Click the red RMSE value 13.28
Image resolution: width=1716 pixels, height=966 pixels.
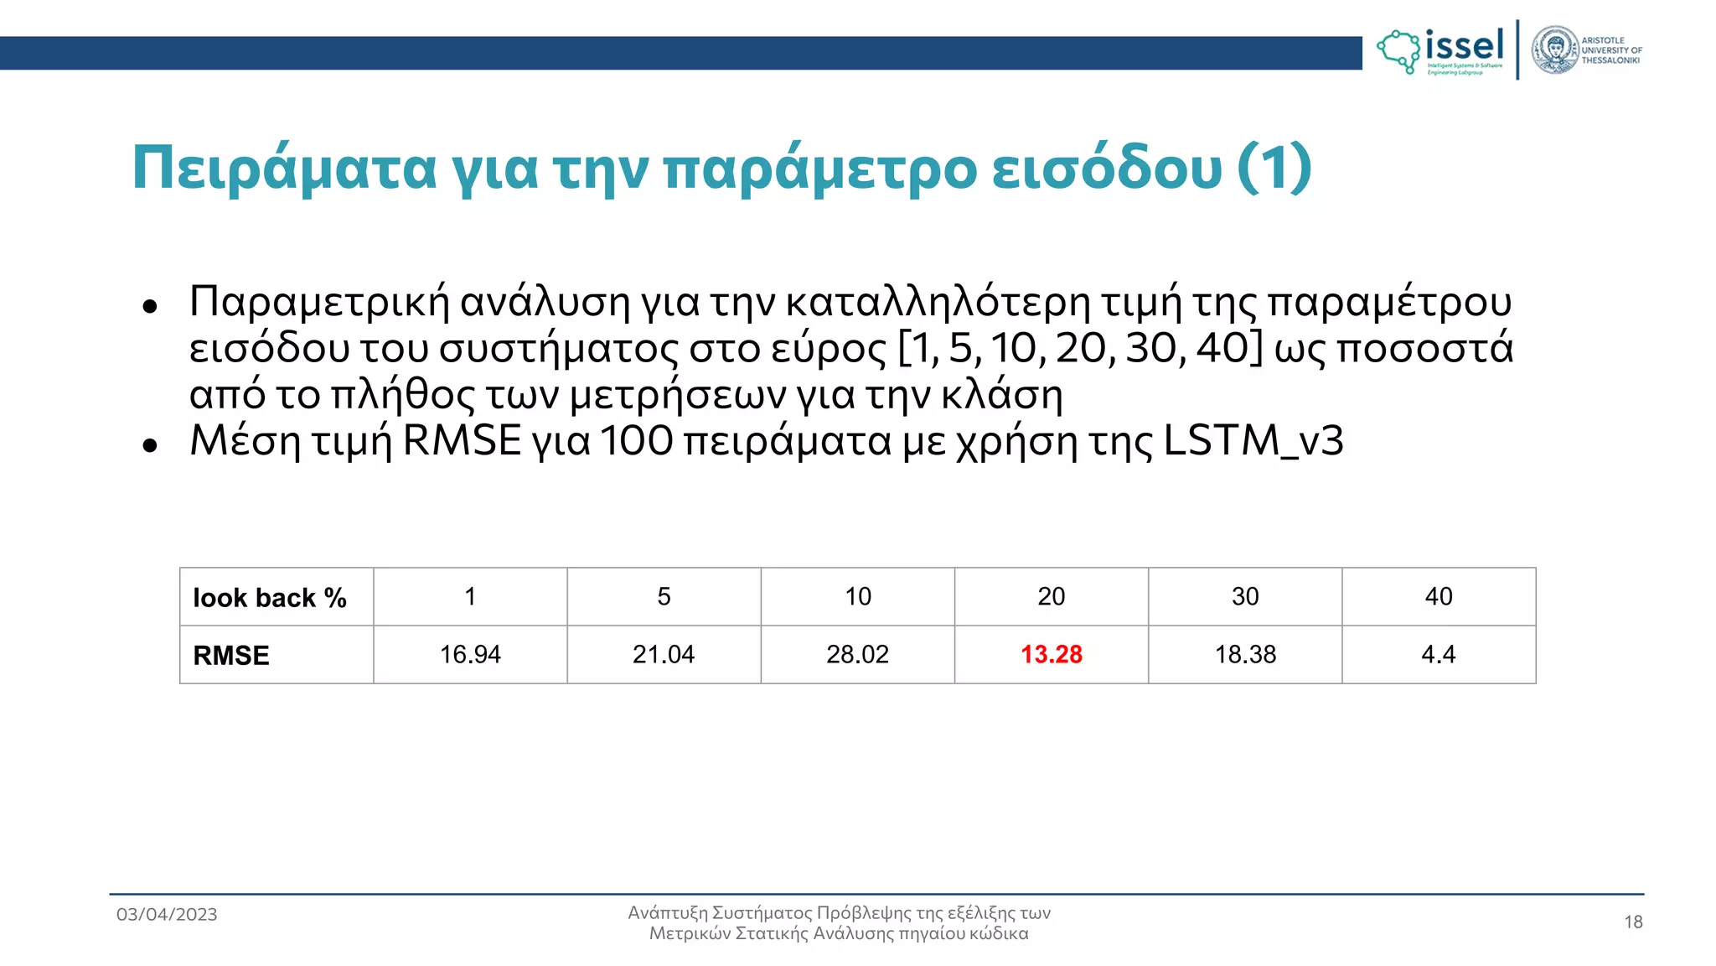pyautogui.click(x=1051, y=654)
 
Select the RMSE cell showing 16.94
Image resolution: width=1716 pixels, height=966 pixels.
pyautogui.click(x=470, y=654)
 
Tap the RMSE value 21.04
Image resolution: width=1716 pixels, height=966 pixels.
pyautogui.click(x=664, y=654)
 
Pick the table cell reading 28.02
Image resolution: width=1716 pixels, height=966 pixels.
pyautogui.click(x=857, y=654)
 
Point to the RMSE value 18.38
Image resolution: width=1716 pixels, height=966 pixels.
pyautogui.click(x=1245, y=654)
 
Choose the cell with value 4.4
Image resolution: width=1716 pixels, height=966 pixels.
pyautogui.click(x=1438, y=654)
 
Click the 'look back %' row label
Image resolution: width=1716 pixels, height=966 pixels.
pyautogui.click(x=269, y=598)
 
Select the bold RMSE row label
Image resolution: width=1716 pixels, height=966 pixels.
pyautogui.click(x=231, y=656)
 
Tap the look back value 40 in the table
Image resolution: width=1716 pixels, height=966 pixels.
pyautogui.click(x=1439, y=596)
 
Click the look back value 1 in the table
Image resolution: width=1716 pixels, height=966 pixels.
pyautogui.click(x=470, y=596)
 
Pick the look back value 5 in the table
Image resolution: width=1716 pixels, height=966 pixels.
pyautogui.click(x=664, y=596)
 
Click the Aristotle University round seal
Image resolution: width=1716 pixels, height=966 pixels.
pyautogui.click(x=1554, y=49)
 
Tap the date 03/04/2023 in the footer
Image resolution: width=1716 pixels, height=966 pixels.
pyautogui.click(x=167, y=914)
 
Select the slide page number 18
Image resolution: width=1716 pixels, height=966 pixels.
pyautogui.click(x=1633, y=922)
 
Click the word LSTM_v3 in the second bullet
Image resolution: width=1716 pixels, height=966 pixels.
pyautogui.click(x=1253, y=440)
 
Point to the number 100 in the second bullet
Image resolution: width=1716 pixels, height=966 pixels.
pyautogui.click(x=636, y=440)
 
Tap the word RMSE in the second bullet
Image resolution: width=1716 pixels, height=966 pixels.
pyautogui.click(x=462, y=440)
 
